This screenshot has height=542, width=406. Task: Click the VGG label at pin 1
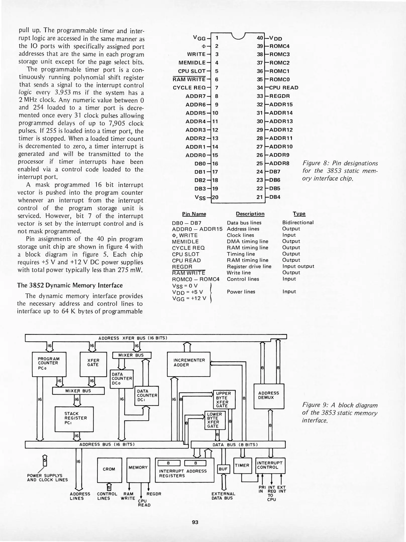click(x=199, y=38)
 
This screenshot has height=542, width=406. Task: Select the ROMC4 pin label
click(x=279, y=46)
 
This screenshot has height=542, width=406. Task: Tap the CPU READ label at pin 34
click(x=284, y=88)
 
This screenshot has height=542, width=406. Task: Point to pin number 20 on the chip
click(x=215, y=197)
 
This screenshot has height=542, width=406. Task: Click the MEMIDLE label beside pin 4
click(x=192, y=63)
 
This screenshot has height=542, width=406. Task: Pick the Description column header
click(x=250, y=214)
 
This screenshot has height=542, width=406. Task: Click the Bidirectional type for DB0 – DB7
click(x=298, y=223)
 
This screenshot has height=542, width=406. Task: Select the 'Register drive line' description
click(x=249, y=266)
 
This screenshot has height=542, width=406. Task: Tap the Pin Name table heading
click(x=194, y=214)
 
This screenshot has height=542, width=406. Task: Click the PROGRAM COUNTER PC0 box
click(x=49, y=364)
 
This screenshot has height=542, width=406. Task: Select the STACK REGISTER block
click(x=74, y=419)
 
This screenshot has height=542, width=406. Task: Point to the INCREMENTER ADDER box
click(x=188, y=364)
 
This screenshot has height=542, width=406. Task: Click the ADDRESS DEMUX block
click(x=269, y=396)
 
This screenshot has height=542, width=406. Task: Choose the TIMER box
click(x=242, y=465)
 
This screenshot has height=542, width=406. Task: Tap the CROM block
click(x=109, y=469)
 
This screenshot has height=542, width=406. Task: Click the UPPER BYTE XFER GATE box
click(x=224, y=399)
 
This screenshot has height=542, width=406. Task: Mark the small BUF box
click(x=223, y=469)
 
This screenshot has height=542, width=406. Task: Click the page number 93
click(x=195, y=522)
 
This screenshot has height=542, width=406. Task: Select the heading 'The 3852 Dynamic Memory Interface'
click(x=70, y=286)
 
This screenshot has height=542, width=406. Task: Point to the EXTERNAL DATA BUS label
click(x=223, y=496)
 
